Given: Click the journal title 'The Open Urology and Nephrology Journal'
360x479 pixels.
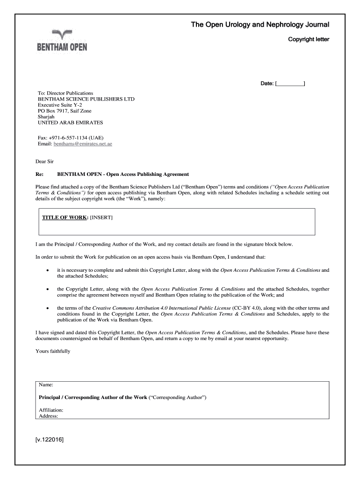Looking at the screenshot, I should click(x=260, y=24).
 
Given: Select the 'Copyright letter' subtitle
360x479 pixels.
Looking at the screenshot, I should click(x=309, y=39).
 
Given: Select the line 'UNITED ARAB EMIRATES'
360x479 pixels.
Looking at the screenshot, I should click(x=70, y=123).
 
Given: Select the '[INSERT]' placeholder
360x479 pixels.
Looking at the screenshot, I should click(x=101, y=218).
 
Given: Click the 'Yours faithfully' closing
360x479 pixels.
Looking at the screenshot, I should click(x=53, y=351).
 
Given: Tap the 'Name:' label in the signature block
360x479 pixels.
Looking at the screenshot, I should click(x=46, y=385).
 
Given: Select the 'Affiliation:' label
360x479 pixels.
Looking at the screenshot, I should click(x=51, y=410).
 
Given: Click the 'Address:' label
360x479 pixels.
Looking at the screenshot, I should click(x=49, y=416).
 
